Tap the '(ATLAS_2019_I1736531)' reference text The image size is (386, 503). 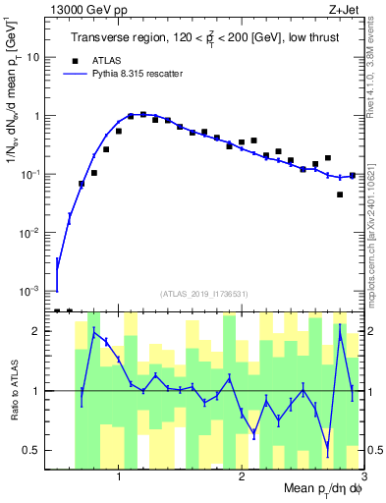coord(204,293)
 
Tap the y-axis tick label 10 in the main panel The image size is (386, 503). coord(33,57)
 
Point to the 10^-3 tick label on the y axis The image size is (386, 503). coord(30,292)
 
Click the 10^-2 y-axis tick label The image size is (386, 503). coord(30,233)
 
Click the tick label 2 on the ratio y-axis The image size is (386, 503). coord(35,331)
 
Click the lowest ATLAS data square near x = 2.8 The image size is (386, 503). coord(340,195)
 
